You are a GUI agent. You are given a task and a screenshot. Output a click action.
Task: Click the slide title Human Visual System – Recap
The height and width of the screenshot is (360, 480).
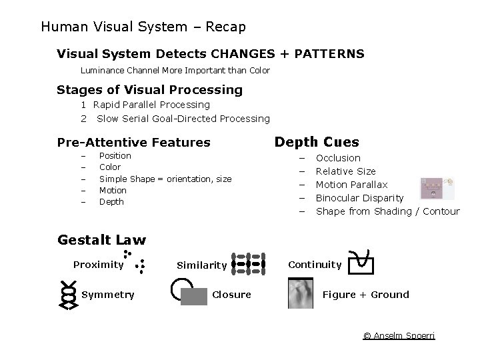coord(143,27)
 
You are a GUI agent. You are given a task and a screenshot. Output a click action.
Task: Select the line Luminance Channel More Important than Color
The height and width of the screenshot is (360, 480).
coord(175,70)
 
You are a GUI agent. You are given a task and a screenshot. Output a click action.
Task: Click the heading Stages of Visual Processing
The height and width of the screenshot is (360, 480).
coord(149,89)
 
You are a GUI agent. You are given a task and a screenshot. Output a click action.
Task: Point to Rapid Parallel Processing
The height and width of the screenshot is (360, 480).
coord(151,105)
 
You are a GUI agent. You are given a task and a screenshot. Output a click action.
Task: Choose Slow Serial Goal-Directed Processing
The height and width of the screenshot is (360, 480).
coord(183,119)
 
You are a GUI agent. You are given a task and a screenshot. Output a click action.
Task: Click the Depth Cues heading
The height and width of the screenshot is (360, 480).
coord(317,142)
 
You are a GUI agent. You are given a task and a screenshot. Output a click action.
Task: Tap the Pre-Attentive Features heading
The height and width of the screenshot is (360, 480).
coord(133,142)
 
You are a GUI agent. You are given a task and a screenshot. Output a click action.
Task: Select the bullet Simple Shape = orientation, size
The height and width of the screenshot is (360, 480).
coord(165,179)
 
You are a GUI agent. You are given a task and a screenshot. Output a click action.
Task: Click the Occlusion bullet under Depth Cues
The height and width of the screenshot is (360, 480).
coord(338,158)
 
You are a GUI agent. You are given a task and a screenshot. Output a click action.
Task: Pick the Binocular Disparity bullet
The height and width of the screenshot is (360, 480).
coord(359,198)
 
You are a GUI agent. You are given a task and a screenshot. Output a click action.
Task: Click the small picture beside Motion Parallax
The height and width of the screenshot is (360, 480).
coord(437,189)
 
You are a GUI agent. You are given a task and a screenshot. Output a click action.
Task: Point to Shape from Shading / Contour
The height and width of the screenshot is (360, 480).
coord(387,211)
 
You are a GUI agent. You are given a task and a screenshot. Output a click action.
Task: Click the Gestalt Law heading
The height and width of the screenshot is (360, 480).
coord(101,240)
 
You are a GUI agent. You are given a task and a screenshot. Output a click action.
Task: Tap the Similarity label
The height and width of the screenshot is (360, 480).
coord(201,265)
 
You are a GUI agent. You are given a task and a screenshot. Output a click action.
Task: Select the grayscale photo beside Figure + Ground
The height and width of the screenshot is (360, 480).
coord(300,294)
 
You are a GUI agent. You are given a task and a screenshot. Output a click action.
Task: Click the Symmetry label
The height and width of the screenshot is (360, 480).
coord(107,295)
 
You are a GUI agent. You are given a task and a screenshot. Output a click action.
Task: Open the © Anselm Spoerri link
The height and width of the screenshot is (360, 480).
coord(399,335)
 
